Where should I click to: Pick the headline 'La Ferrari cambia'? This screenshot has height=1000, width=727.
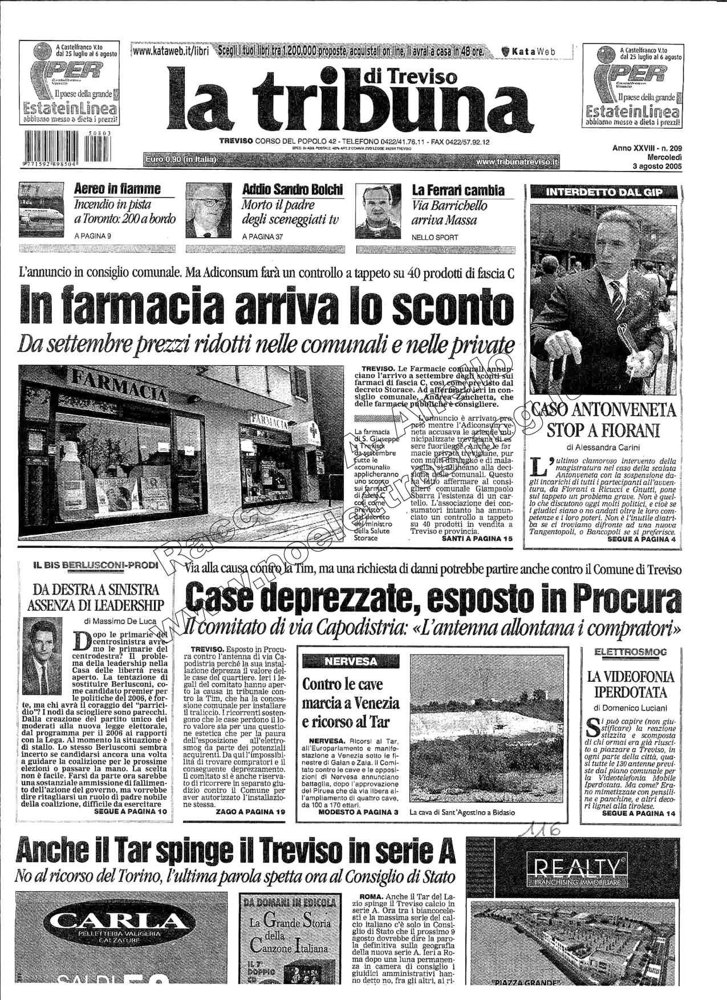click(458, 190)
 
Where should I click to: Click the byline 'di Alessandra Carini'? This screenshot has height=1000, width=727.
click(603, 447)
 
